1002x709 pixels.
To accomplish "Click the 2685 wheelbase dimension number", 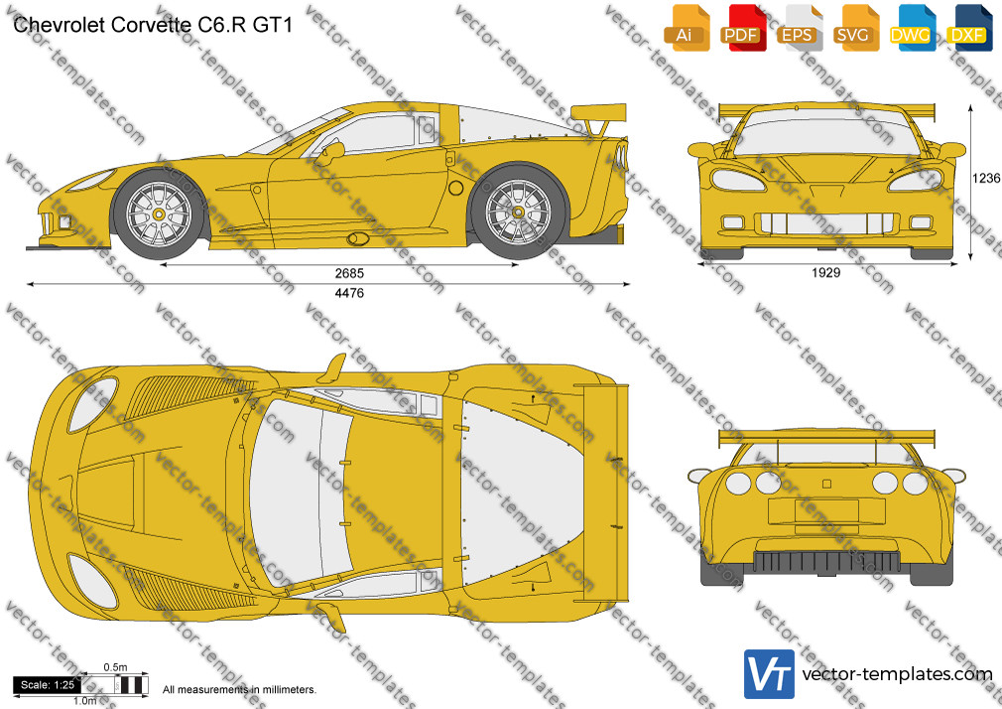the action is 349,273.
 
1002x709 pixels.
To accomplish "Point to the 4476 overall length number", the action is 349,293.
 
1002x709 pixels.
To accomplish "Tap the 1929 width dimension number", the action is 825,273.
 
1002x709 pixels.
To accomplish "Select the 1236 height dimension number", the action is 987,178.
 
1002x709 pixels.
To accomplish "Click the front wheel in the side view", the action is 158,213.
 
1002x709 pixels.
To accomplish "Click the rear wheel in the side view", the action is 518,212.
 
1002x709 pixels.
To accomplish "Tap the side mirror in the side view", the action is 331,152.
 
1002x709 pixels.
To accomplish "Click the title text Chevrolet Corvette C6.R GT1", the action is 153,25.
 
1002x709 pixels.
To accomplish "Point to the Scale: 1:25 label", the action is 48,685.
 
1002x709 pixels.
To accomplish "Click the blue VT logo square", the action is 770,674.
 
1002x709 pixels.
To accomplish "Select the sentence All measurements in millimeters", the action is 240,690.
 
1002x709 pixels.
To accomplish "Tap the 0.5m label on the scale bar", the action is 115,667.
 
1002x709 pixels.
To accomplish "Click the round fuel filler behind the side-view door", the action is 455,188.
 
